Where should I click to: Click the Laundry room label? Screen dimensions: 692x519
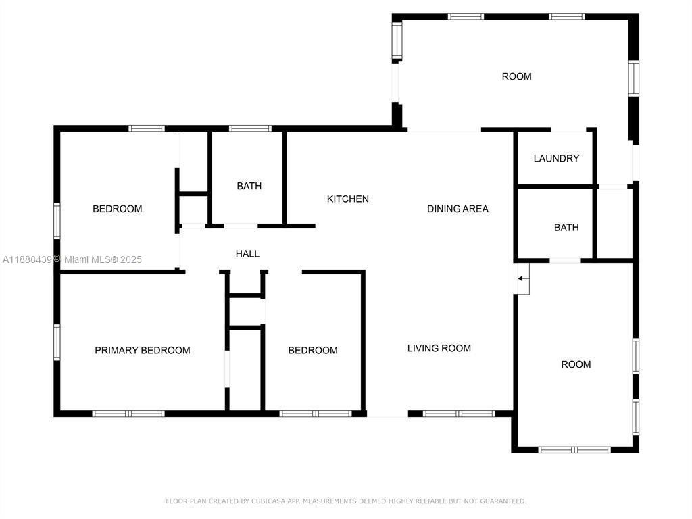tap(556, 158)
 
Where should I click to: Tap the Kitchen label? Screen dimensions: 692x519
tap(348, 199)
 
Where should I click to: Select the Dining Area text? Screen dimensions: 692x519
tap(458, 209)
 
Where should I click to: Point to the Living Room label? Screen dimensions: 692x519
tap(439, 348)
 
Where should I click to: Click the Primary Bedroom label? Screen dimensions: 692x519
tap(143, 351)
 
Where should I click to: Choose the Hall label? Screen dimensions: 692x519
tap(247, 254)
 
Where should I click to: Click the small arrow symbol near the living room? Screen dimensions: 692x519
tap(523, 278)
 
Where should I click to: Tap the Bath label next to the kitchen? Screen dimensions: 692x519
tap(249, 186)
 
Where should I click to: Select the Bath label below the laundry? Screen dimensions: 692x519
tap(566, 227)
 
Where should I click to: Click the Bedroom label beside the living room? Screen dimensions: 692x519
tap(313, 351)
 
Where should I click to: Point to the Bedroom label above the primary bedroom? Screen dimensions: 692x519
tap(118, 209)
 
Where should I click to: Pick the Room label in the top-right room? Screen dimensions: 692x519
tap(517, 76)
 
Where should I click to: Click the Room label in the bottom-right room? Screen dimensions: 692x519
tap(576, 364)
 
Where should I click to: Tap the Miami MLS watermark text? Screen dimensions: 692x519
tap(103, 259)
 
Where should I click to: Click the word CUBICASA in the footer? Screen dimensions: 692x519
tap(269, 501)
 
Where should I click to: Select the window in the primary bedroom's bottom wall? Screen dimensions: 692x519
tap(128, 414)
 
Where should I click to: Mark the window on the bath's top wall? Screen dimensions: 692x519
tap(250, 128)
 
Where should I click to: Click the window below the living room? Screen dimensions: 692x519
tap(459, 414)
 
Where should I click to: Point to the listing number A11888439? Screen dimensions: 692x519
tap(27, 259)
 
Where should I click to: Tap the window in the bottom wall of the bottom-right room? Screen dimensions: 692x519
tap(574, 450)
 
